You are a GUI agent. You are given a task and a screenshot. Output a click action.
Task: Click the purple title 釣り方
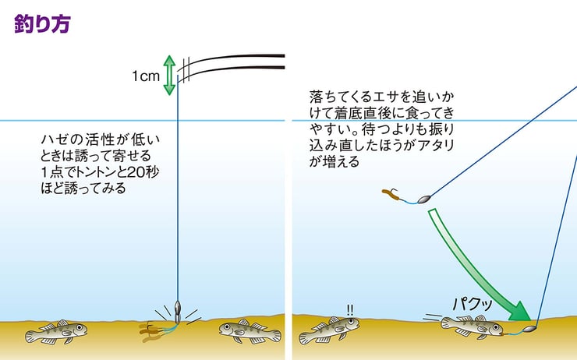click(x=43, y=23)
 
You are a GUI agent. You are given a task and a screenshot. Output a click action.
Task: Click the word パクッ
click(x=473, y=303)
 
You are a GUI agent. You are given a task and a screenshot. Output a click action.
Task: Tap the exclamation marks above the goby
click(x=349, y=309)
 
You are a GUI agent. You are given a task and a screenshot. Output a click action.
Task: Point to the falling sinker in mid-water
click(x=424, y=199)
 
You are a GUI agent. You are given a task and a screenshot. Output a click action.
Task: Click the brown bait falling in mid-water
click(x=394, y=197)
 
